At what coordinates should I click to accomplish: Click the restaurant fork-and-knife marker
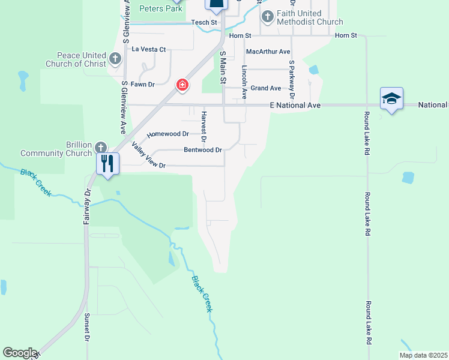pyautogui.click(x=107, y=163)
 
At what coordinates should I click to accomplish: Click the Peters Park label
pyautogui.click(x=160, y=8)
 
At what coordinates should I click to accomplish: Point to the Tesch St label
pyautogui.click(x=203, y=22)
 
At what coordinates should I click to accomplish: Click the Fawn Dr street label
pyautogui.click(x=143, y=85)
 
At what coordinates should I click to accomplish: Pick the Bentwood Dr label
pyautogui.click(x=203, y=149)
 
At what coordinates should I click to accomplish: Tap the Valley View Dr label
pyautogui.click(x=148, y=157)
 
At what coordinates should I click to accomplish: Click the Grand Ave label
pyautogui.click(x=266, y=88)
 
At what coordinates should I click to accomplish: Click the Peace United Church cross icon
pyautogui.click(x=115, y=59)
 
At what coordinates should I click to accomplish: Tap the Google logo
pyautogui.click(x=19, y=353)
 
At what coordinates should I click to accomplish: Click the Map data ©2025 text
pyautogui.click(x=423, y=355)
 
